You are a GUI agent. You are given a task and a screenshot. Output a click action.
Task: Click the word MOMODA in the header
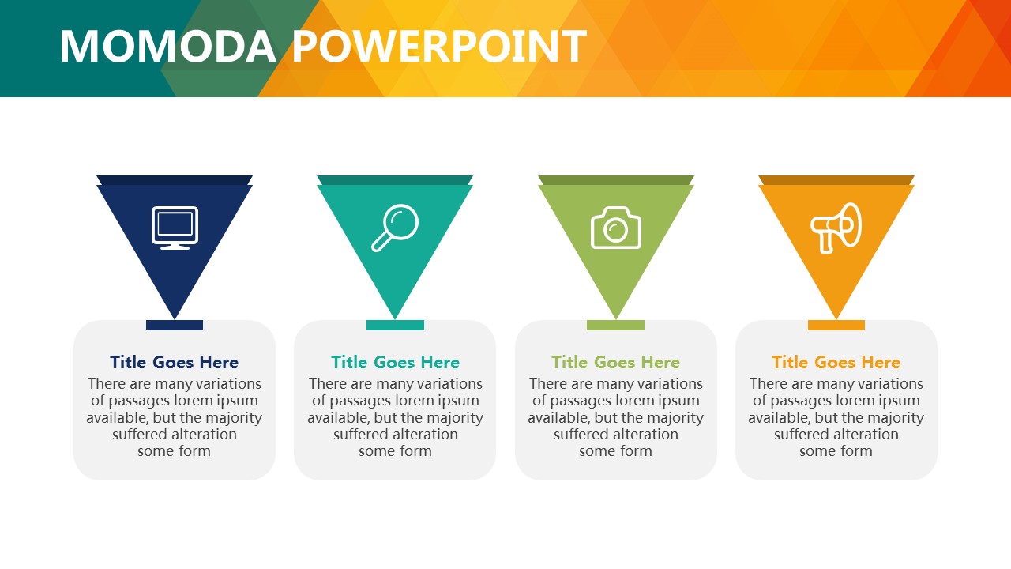point(167,46)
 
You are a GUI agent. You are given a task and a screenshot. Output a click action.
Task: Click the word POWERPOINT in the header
point(440,46)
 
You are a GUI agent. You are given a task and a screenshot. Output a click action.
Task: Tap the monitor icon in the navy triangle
point(175,228)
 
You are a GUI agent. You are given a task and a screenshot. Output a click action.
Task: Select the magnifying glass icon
point(395,228)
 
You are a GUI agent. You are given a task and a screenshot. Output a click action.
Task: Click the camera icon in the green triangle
point(615,228)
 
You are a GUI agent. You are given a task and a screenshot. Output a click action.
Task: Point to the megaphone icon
point(836,228)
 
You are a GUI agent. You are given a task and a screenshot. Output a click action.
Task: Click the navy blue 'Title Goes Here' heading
point(175,362)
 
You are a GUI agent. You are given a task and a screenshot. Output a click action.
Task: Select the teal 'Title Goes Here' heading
point(396,362)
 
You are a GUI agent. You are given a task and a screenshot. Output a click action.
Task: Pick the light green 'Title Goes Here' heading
point(615,362)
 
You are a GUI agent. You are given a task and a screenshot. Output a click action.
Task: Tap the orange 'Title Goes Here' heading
point(836,362)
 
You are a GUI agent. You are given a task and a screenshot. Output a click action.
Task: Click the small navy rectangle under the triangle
point(175,325)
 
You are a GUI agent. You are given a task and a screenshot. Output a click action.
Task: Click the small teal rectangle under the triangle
point(396,325)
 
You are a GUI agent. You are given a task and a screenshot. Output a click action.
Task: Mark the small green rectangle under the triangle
point(615,325)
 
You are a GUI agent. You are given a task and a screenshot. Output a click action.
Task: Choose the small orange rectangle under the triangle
point(836,325)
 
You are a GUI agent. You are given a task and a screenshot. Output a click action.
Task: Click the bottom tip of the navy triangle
point(175,319)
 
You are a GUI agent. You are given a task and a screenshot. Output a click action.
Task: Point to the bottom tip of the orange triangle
point(836,319)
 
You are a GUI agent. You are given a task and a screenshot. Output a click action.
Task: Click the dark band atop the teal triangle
point(395,180)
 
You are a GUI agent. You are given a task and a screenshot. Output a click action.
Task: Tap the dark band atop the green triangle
point(615,180)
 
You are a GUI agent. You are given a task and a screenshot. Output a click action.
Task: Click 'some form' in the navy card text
point(175,451)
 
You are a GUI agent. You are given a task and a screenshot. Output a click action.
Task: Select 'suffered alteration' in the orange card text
point(836,435)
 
